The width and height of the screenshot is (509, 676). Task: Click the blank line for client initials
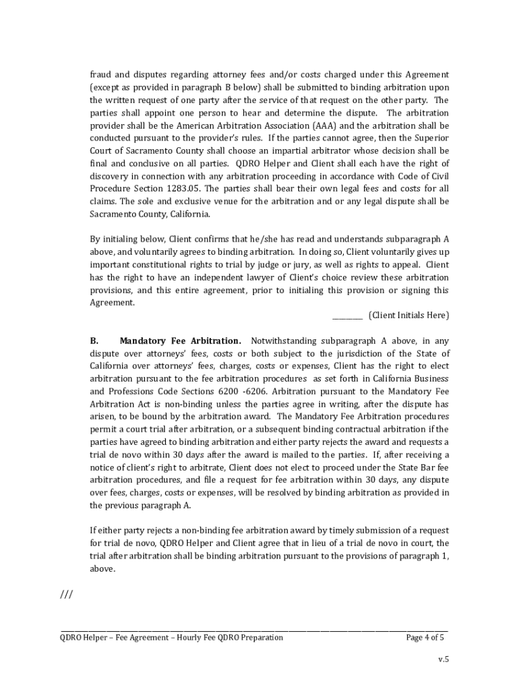click(x=347, y=316)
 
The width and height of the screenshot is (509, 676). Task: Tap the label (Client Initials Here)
click(x=409, y=316)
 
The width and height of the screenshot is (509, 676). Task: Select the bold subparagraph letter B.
click(x=94, y=341)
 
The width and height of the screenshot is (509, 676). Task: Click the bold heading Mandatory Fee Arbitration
click(x=180, y=341)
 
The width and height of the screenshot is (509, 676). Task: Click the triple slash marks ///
click(x=66, y=595)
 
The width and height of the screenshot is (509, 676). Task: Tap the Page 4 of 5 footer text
click(x=425, y=638)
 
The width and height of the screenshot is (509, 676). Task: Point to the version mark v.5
click(x=444, y=659)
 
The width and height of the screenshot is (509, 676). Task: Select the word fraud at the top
click(x=101, y=75)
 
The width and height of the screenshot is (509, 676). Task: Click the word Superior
click(x=432, y=138)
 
